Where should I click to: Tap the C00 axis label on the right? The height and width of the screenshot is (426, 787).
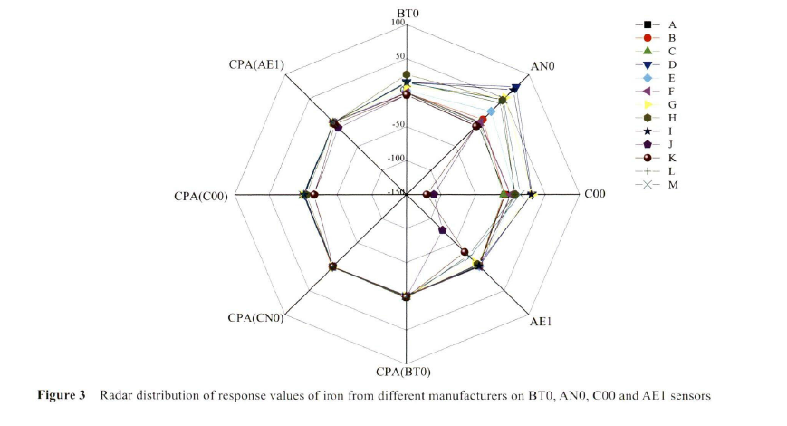click(595, 193)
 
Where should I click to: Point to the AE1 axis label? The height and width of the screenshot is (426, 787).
click(542, 322)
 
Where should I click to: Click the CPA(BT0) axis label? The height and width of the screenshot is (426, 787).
click(404, 371)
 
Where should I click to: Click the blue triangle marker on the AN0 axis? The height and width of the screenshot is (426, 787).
click(514, 88)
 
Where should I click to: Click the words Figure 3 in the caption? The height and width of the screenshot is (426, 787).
click(61, 396)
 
